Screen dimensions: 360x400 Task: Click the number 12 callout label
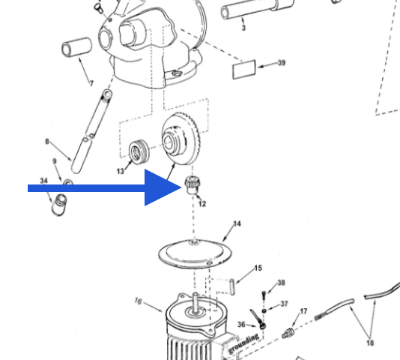[x=201, y=204]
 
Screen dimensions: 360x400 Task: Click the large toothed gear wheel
[x=183, y=138]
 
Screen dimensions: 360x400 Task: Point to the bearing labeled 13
[x=138, y=150]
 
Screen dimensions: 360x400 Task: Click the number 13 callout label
[x=120, y=172]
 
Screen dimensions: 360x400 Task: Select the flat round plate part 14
[x=193, y=253]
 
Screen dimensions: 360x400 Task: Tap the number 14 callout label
[x=237, y=223]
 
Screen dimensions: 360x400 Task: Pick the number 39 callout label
[x=281, y=63]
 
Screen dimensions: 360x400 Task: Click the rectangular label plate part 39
[x=243, y=70]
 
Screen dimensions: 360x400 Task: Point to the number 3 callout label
[x=243, y=28]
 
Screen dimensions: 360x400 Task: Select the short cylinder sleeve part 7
[x=77, y=51]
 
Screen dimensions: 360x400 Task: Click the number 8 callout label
[x=47, y=141]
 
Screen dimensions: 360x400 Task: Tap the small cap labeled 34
[x=58, y=202]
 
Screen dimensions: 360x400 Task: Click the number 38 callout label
[x=281, y=283]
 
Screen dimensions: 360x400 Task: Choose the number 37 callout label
[x=284, y=304]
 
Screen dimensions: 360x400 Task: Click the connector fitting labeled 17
[x=289, y=331]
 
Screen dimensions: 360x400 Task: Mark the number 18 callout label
[x=369, y=343]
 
